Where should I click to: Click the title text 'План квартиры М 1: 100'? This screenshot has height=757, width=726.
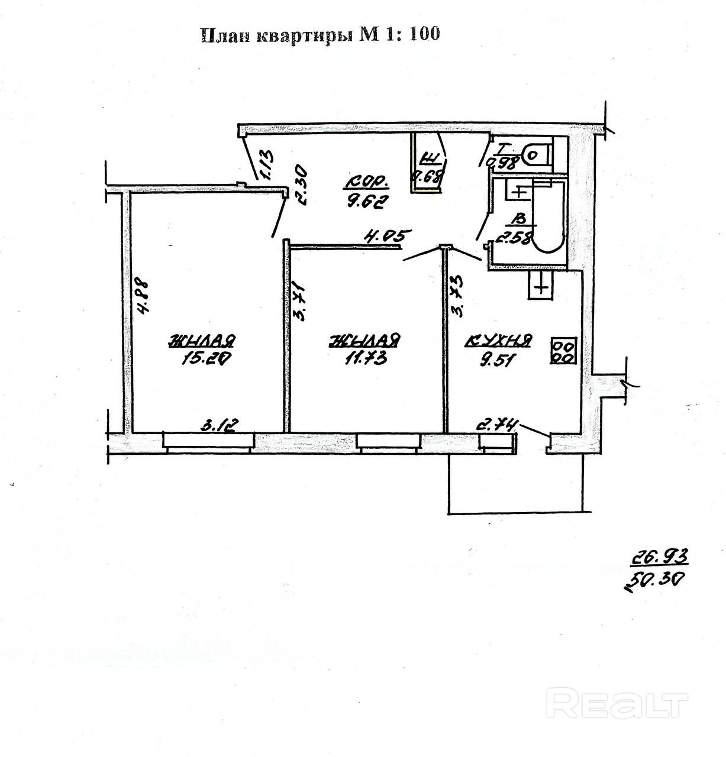point(321,35)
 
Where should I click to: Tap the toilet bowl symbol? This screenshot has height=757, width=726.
point(534,154)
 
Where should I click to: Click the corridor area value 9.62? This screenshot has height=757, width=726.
point(366,202)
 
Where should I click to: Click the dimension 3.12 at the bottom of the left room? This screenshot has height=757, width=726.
point(220,426)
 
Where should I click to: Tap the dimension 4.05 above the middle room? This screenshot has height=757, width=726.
point(386,237)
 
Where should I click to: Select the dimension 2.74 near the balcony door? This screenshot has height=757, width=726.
point(498,425)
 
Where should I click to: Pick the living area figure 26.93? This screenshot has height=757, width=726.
point(657,557)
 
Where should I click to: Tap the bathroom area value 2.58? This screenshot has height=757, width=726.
point(514,238)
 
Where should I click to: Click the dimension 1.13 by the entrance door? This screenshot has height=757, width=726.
point(266,164)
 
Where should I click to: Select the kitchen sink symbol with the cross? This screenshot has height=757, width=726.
point(541,287)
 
